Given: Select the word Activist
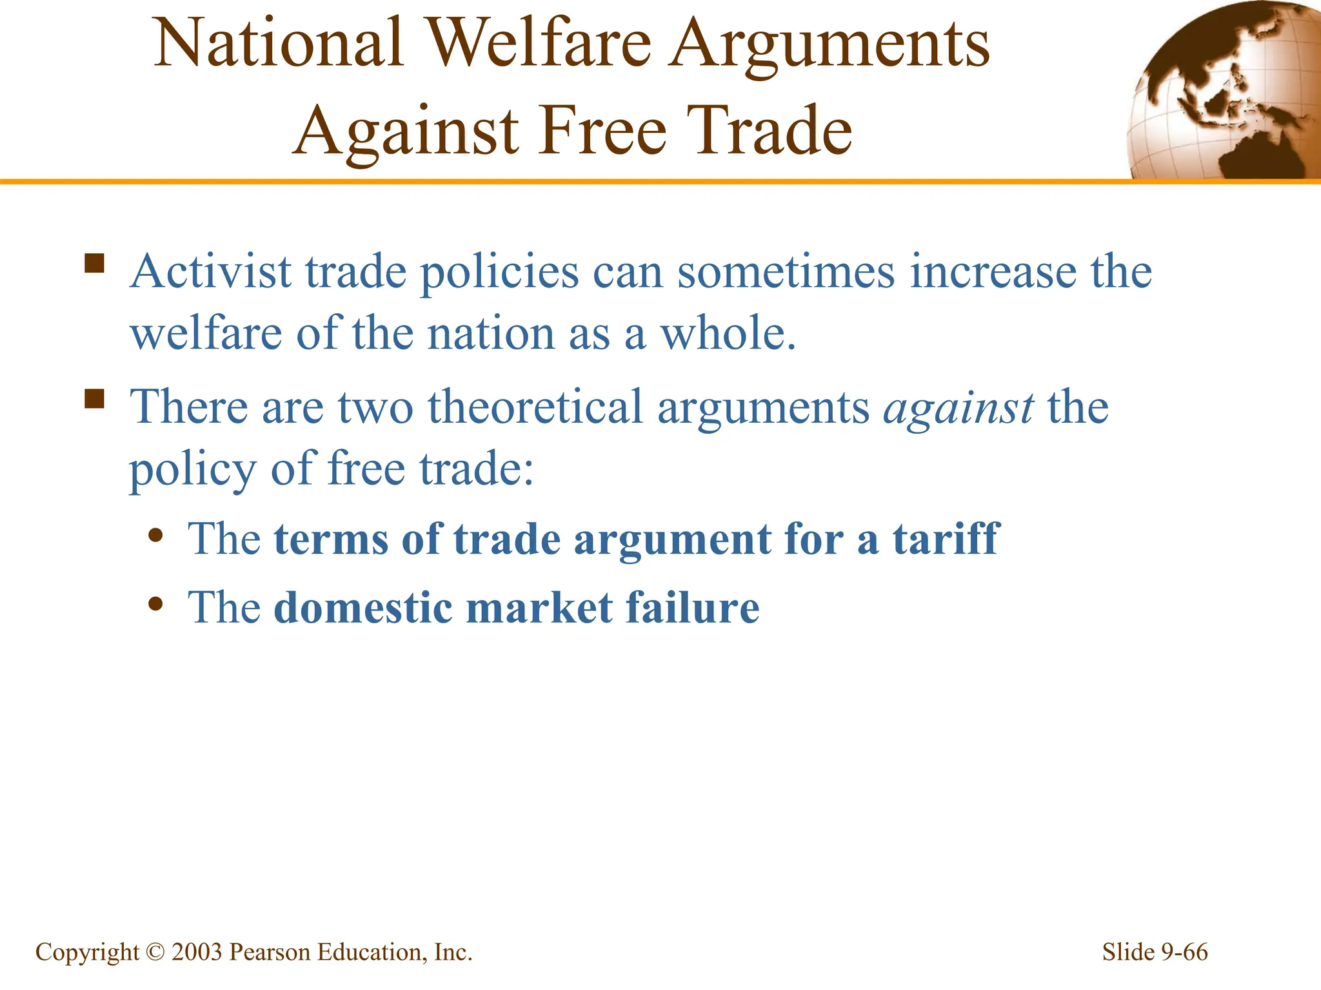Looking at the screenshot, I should click(211, 272).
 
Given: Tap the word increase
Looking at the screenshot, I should click(993, 272).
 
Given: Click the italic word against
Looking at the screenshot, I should click(958, 409).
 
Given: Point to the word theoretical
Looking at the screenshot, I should click(535, 407).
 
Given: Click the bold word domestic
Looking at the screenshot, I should click(363, 608).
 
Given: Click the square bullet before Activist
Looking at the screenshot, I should click(94, 264).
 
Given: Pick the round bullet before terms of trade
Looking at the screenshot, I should click(155, 536).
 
